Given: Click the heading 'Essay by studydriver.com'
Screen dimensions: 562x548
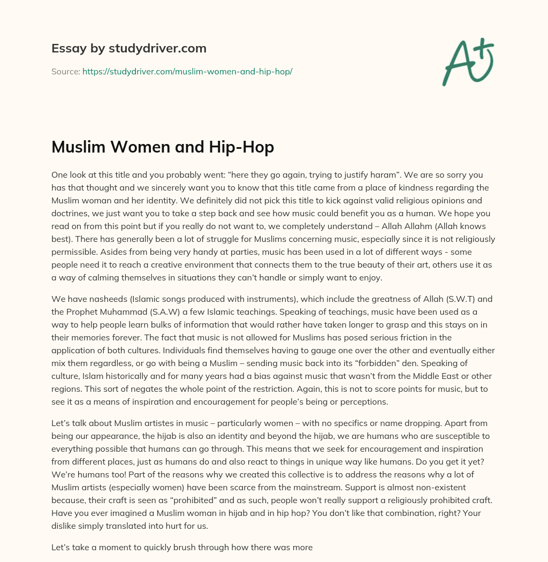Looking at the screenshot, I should (128, 48).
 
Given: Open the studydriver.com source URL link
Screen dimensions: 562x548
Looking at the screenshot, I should (187, 71).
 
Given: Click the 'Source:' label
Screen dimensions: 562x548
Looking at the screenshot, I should (65, 71).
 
